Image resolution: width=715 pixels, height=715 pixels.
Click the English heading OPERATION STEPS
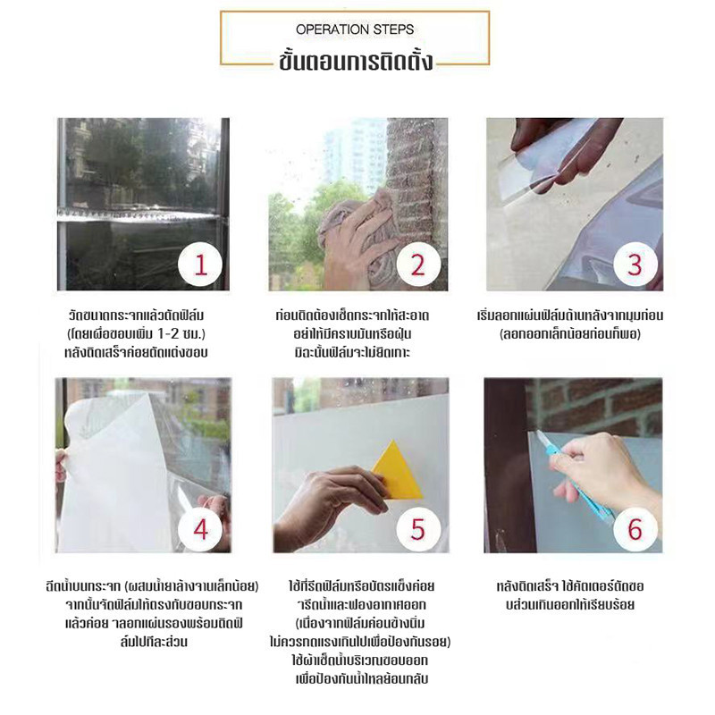[x=355, y=29]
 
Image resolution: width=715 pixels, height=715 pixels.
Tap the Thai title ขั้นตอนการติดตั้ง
[x=355, y=61]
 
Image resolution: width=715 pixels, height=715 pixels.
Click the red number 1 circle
[x=200, y=265]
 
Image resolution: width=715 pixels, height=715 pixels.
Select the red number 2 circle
[x=418, y=265]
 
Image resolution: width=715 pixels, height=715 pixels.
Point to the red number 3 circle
[x=635, y=265]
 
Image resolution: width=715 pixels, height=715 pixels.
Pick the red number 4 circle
[x=200, y=529]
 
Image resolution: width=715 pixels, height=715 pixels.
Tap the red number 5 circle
[x=418, y=529]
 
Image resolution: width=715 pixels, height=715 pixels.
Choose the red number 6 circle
[x=635, y=529]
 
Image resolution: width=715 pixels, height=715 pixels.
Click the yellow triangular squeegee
[x=398, y=472]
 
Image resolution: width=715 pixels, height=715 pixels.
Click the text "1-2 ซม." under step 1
[x=181, y=333]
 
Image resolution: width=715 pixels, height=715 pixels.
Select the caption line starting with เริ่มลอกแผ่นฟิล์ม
[x=570, y=315]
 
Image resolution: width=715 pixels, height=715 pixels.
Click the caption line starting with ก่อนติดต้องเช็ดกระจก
[x=352, y=315]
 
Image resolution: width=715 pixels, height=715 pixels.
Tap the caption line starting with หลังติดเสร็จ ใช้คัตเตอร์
[x=570, y=586]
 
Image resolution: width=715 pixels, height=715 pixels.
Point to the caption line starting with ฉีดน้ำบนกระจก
[x=152, y=586]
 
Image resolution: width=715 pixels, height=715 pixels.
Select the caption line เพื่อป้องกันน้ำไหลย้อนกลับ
[x=362, y=679]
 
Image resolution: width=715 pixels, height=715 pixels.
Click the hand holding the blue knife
[x=601, y=470]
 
